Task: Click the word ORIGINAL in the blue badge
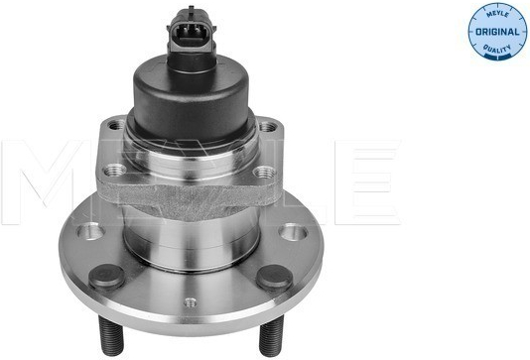(x=497, y=32)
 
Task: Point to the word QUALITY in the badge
(x=497, y=50)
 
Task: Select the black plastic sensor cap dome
(x=192, y=99)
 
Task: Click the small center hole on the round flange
(x=190, y=302)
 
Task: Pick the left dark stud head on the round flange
(x=107, y=277)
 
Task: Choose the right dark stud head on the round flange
(x=274, y=278)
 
